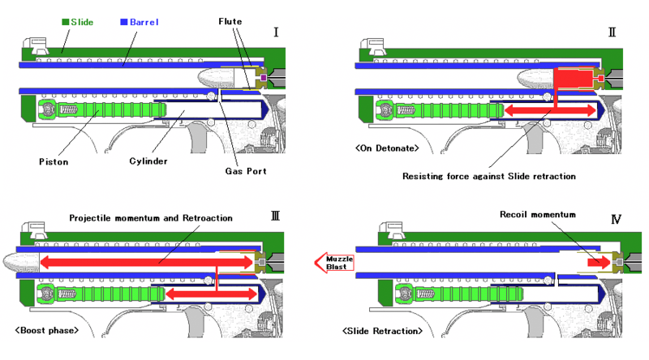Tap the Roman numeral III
[276, 217]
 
